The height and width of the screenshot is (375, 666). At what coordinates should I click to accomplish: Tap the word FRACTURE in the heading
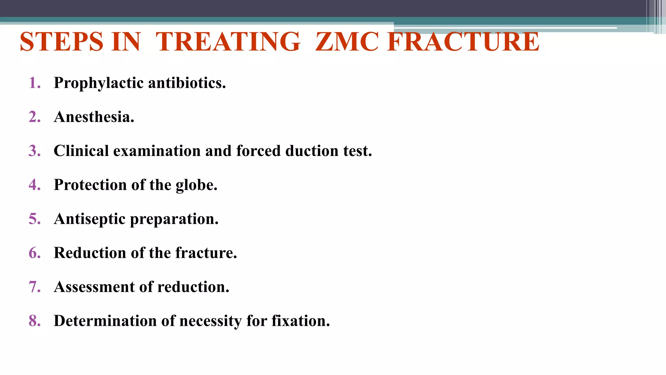(x=463, y=42)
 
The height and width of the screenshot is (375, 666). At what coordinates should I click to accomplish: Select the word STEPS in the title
(x=61, y=42)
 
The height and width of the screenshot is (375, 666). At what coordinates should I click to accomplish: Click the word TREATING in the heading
(x=228, y=42)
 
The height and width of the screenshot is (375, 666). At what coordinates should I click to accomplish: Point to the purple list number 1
(x=34, y=83)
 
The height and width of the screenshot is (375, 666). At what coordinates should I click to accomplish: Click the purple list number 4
(x=34, y=185)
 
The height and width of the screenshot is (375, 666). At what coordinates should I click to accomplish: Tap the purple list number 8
(x=34, y=321)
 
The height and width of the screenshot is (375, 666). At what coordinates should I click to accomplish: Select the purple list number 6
(x=34, y=253)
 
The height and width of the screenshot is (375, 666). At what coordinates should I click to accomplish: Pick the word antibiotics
(x=187, y=83)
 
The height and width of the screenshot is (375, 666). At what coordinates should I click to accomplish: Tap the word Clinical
(x=81, y=151)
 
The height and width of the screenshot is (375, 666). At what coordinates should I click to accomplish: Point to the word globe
(x=196, y=185)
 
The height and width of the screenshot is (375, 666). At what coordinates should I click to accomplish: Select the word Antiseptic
(x=90, y=219)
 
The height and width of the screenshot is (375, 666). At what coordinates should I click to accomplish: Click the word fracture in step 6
(x=206, y=253)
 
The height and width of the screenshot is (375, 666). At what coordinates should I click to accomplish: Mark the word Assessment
(x=94, y=287)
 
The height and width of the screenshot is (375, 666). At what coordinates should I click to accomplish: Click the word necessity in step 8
(x=210, y=321)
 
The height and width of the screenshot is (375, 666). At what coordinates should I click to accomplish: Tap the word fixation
(x=300, y=321)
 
